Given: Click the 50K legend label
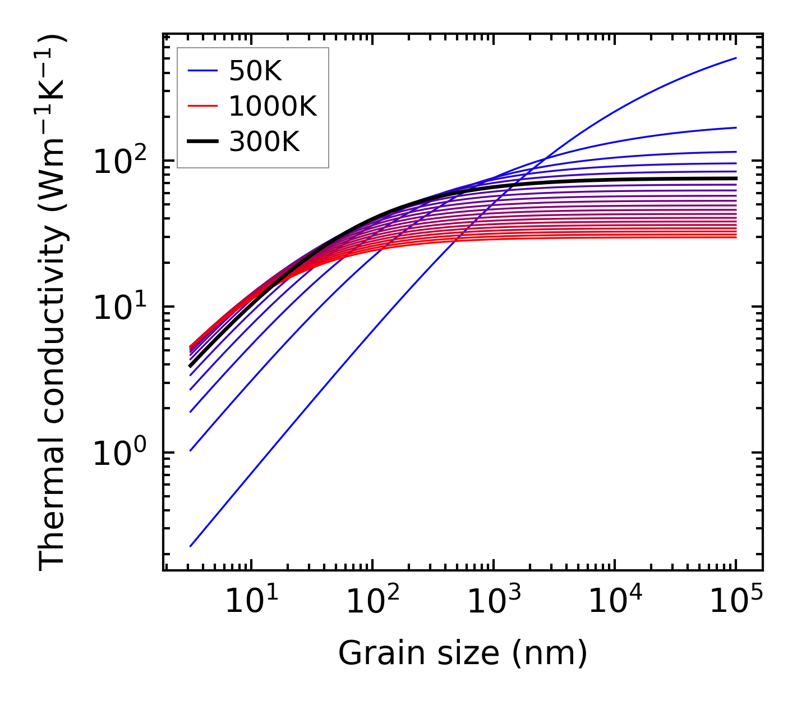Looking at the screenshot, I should [x=255, y=71].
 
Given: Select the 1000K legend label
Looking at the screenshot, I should [x=273, y=107].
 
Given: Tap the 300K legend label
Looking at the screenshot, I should [x=264, y=142].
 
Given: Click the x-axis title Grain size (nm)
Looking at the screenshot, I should [x=463, y=653].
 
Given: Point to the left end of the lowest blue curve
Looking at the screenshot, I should [x=191, y=546].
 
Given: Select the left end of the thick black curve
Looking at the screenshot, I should [x=191, y=366].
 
